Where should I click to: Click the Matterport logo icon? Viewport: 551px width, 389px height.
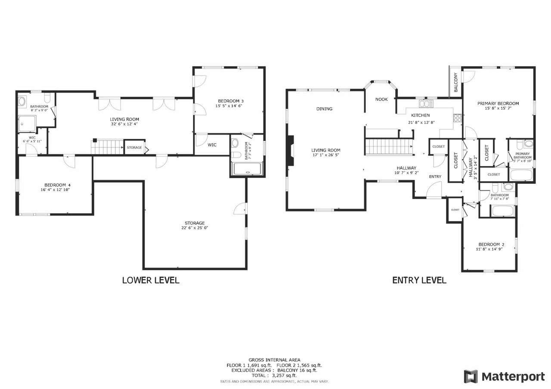(471, 377)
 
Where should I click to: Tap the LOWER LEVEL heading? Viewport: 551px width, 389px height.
(151, 280)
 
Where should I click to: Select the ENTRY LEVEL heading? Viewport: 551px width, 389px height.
(419, 280)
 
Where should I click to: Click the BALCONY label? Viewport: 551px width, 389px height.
(455, 82)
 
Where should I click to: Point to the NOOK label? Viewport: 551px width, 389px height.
(381, 99)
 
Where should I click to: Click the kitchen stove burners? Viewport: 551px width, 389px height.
(458, 118)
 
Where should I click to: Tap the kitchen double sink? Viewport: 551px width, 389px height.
(426, 104)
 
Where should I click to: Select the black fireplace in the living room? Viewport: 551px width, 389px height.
(291, 151)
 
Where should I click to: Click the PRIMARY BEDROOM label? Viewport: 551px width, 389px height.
(498, 104)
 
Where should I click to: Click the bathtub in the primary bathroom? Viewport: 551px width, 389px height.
(521, 175)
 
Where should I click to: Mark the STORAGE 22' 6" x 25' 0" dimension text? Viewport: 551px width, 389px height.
(195, 228)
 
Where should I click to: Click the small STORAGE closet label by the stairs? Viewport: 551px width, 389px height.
(134, 148)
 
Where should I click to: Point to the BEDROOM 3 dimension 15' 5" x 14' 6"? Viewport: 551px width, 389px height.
(229, 106)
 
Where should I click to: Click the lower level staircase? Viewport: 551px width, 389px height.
(107, 147)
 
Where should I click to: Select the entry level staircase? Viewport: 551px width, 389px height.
(389, 147)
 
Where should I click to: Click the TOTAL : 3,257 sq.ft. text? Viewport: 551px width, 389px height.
(274, 376)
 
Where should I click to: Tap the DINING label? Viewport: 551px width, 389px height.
(324, 109)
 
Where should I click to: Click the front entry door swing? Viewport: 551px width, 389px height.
(434, 189)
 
